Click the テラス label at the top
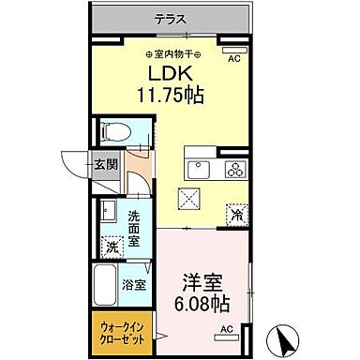172,17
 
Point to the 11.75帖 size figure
172,94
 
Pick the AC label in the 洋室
225,328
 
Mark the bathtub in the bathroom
103,283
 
